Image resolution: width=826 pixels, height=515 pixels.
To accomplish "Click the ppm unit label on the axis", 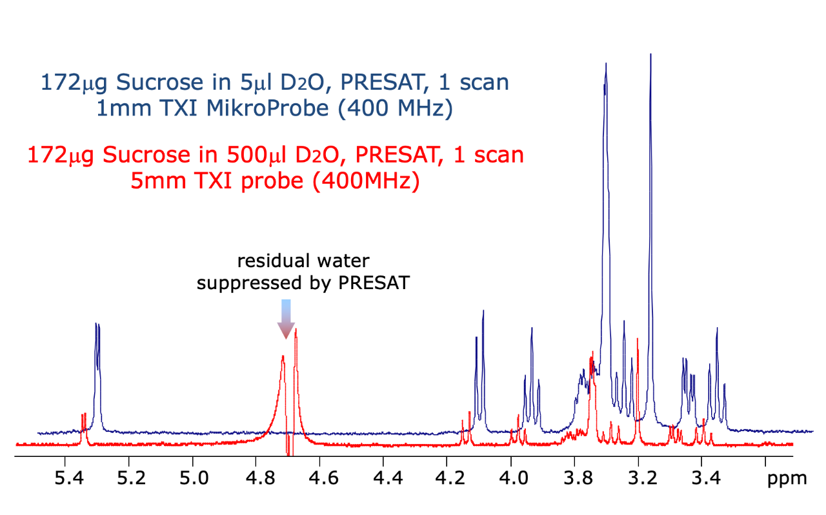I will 787,479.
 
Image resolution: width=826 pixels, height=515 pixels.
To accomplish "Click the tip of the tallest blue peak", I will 650,55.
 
